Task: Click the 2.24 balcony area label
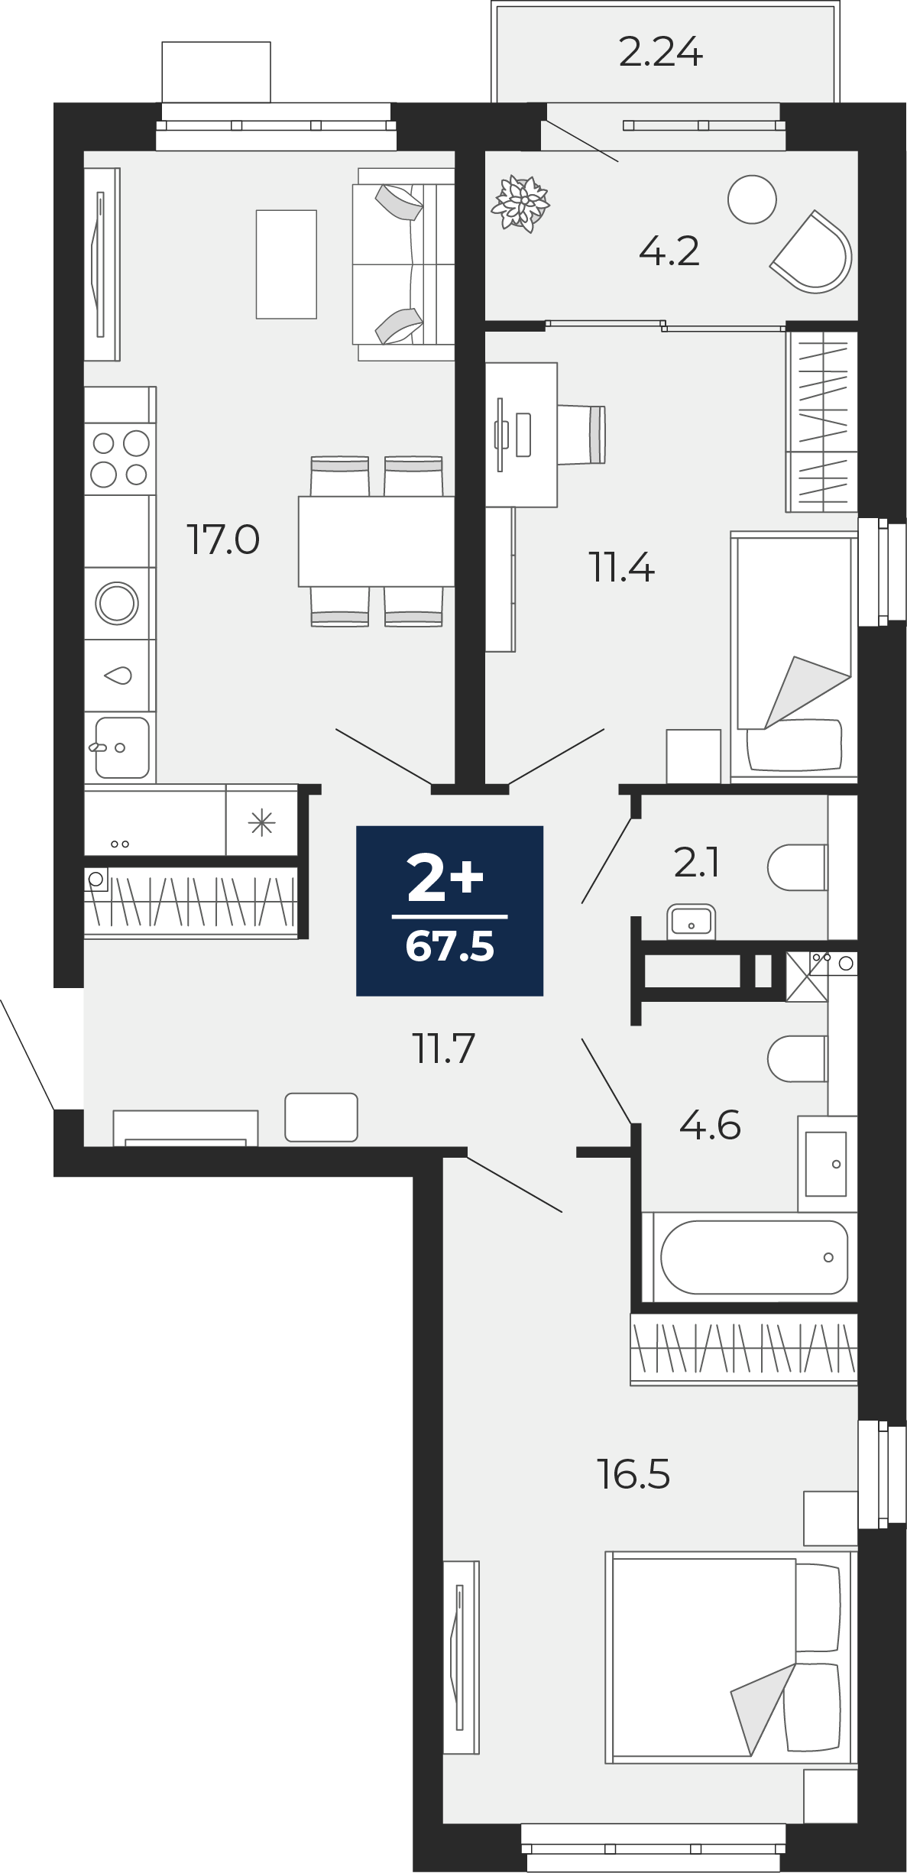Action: click(x=660, y=53)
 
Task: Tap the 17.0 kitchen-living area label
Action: click(x=223, y=540)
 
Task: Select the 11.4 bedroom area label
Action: click(x=621, y=568)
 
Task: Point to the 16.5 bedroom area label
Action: click(x=633, y=1474)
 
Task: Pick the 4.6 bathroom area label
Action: click(x=710, y=1126)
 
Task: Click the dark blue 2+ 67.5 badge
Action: click(x=450, y=911)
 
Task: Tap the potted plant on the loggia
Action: click(x=521, y=203)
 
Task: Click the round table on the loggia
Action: click(x=752, y=199)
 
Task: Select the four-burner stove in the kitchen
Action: click(x=120, y=459)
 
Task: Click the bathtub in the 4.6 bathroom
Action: click(x=753, y=1257)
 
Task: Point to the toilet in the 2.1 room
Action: click(x=798, y=867)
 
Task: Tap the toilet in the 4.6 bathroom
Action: click(x=798, y=1059)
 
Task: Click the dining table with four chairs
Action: click(x=377, y=541)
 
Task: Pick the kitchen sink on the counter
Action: click(x=121, y=747)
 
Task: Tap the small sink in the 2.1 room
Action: click(x=691, y=922)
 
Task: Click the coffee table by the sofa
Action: click(x=287, y=264)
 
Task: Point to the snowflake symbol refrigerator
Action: click(x=261, y=823)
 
